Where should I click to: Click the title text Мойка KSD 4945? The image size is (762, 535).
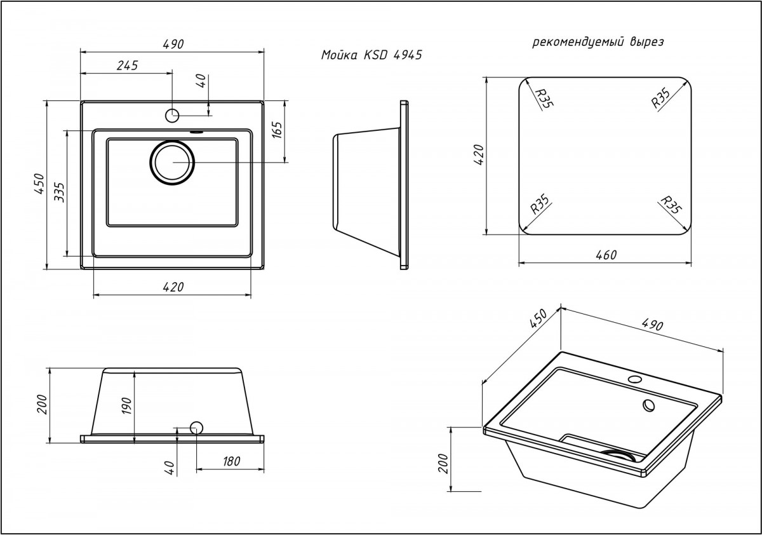pyautogui.click(x=371, y=55)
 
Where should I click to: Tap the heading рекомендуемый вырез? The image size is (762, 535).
pyautogui.click(x=598, y=43)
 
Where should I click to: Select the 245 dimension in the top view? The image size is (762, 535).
pyautogui.click(x=127, y=65)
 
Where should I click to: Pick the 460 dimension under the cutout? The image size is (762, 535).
pyautogui.click(x=606, y=255)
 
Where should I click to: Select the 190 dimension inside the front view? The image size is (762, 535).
pyautogui.click(x=126, y=404)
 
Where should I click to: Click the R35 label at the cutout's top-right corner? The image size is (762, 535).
pyautogui.click(x=662, y=99)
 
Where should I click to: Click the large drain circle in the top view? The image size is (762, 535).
pyautogui.click(x=171, y=162)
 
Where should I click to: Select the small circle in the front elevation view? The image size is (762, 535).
pyautogui.click(x=196, y=428)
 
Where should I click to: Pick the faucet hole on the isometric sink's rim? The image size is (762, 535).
pyautogui.click(x=633, y=380)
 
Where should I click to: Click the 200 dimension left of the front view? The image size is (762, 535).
pyautogui.click(x=42, y=404)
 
